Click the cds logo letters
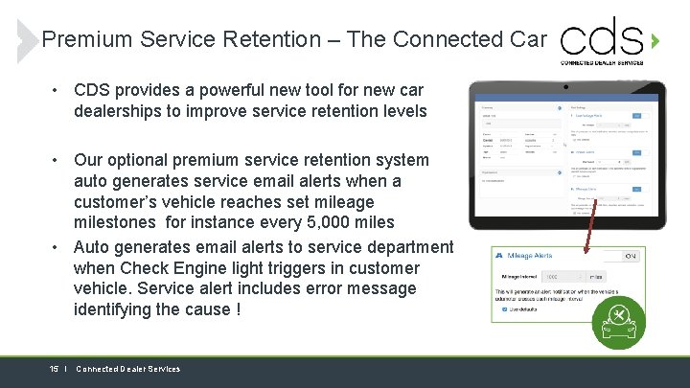coord(602,37)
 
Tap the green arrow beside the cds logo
coord(655,41)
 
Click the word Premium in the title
coord(87,39)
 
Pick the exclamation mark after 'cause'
coord(237,309)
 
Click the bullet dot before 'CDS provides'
coord(58,90)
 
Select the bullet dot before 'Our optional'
coord(58,160)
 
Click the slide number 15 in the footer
coord(55,369)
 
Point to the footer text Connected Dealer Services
coord(127,369)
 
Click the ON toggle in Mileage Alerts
coord(631,256)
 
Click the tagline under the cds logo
coord(602,62)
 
